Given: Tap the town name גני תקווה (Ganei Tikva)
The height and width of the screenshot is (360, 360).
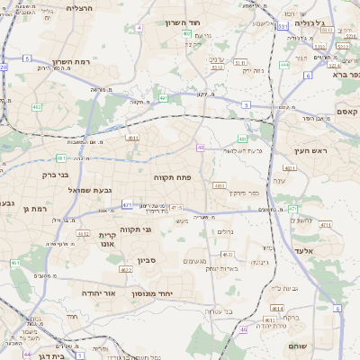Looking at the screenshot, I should pos(134,229).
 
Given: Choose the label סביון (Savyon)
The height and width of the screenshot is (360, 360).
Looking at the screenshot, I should pos(147,260).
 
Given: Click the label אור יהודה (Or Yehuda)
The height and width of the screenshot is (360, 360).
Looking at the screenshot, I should pos(98,293).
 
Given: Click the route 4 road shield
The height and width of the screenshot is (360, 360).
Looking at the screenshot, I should pos(139,28).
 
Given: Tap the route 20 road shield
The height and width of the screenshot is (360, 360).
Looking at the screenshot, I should pos(4,67).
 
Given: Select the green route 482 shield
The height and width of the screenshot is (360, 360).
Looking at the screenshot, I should pos(37,107).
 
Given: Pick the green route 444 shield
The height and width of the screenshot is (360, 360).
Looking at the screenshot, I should pos(284,65).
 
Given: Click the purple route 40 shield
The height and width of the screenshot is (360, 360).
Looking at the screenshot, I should pos(201,148).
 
